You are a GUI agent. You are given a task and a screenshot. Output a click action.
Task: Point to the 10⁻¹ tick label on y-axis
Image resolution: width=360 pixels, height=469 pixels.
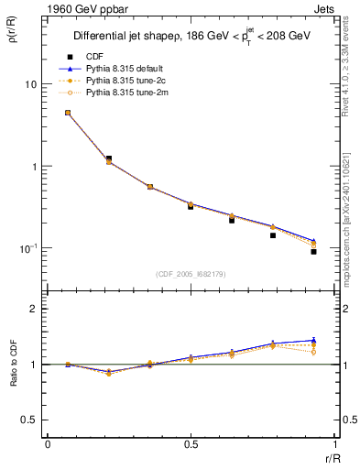coord(27,248)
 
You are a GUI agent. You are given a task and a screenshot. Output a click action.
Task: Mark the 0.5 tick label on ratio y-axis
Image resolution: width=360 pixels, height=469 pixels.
coord(28,420)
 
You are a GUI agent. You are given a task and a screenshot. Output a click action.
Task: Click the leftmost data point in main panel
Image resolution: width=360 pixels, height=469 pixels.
coord(68,113)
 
